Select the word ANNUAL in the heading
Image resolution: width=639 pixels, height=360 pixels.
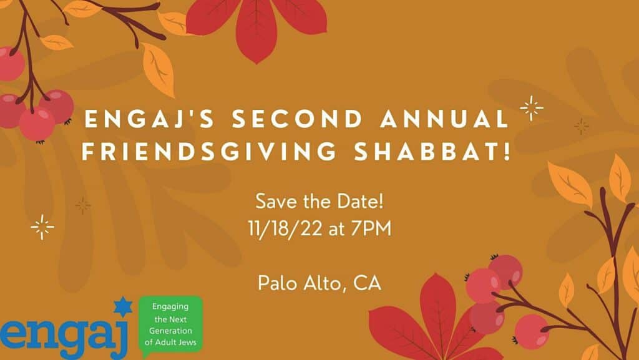[444, 119]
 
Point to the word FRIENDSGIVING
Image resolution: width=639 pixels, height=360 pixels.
[209, 151]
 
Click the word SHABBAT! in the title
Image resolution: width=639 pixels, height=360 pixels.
[432, 151]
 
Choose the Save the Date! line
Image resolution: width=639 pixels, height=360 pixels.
[319, 202]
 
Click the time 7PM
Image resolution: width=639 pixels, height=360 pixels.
[371, 228]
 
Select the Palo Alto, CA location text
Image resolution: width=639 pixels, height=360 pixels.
[319, 283]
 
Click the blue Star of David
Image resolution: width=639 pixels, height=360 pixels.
[123, 307]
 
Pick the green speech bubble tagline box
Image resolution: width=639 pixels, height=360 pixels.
[170, 325]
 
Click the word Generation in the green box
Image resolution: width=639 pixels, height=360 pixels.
[170, 331]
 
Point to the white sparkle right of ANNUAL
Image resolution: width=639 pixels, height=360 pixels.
[532, 108]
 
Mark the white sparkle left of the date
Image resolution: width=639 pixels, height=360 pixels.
[42, 227]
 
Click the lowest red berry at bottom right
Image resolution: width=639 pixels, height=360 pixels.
[530, 331]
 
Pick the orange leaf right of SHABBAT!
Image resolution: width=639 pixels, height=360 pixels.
[570, 183]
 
